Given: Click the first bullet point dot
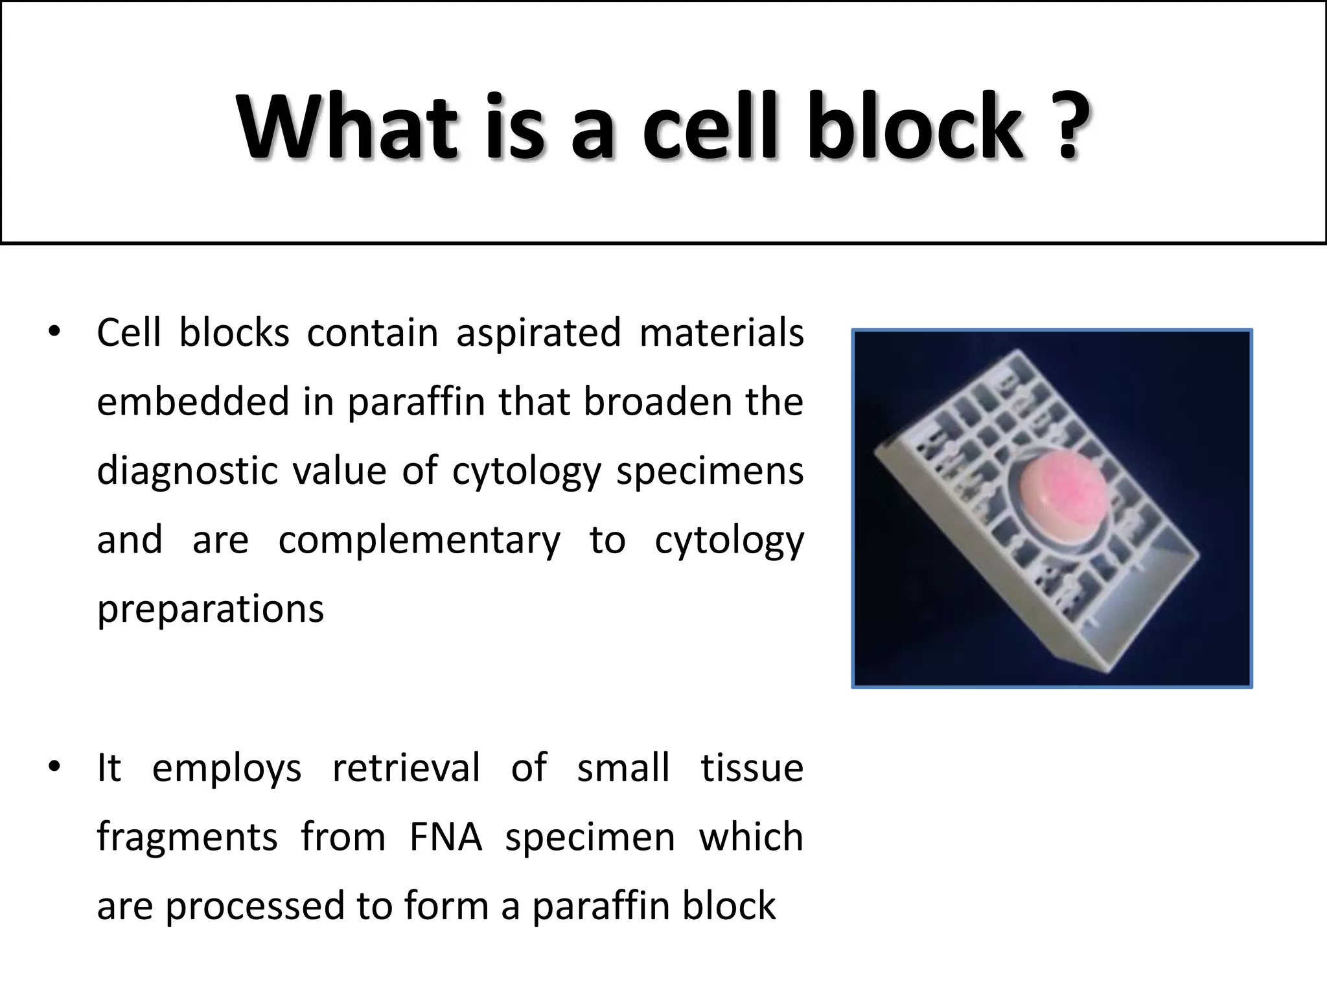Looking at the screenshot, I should coord(54,332).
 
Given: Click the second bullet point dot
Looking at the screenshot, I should coord(54,767).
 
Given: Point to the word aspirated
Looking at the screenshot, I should coord(538,334).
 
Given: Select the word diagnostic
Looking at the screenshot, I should coord(186,472).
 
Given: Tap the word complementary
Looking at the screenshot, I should coord(419,541).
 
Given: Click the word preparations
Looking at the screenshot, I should coord(210,610).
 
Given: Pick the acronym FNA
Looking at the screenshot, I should coord(445,836).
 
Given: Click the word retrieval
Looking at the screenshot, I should coord(406,768).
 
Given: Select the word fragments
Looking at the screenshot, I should coord(187,836).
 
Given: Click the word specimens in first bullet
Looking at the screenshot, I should coord(710,472).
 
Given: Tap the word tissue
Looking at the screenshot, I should coord(752,768).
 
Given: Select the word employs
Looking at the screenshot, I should coord(227,769).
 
